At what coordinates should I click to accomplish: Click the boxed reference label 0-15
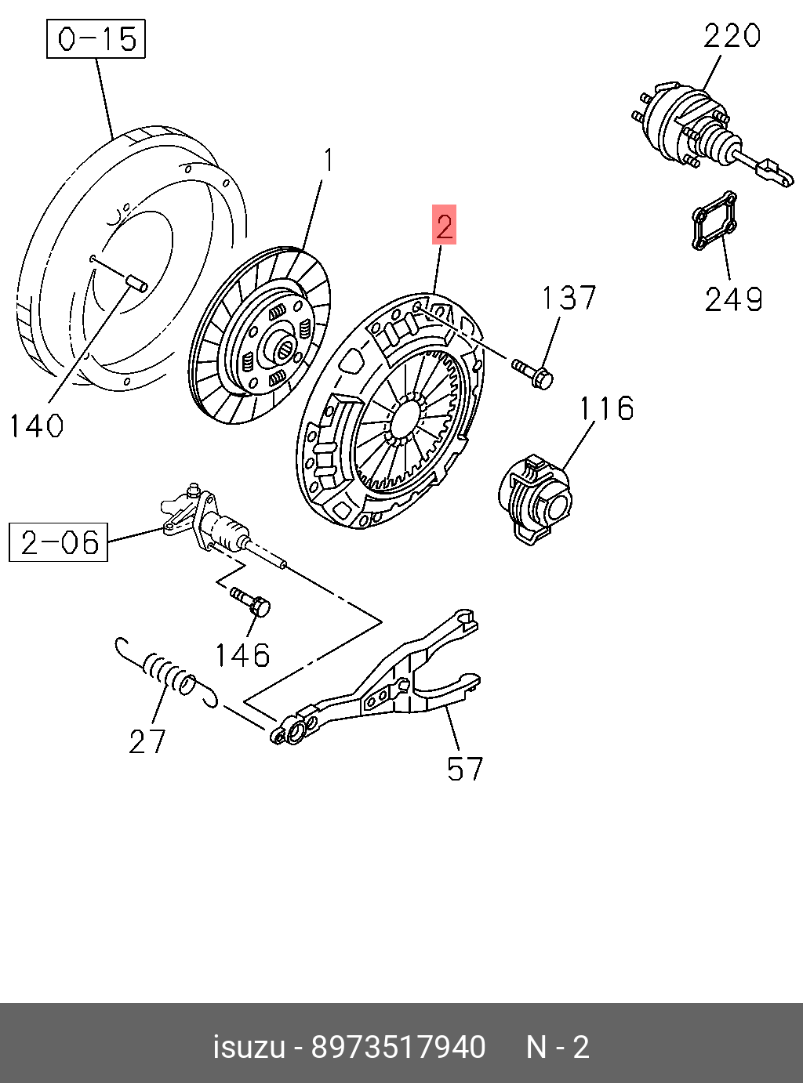[96, 39]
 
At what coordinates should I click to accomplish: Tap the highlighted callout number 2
[444, 226]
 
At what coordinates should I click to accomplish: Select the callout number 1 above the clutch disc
[329, 161]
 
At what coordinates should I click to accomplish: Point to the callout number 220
[732, 36]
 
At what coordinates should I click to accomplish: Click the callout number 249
[733, 299]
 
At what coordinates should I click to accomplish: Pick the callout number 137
[569, 298]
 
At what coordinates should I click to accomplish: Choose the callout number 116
[606, 408]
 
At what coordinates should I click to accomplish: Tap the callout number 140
[36, 426]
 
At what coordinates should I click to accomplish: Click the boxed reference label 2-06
[59, 542]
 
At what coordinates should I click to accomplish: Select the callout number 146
[242, 655]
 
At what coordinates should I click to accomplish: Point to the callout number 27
[147, 741]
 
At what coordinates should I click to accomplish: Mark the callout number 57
[465, 770]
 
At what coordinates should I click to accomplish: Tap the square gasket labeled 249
[714, 221]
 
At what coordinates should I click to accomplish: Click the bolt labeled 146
[251, 602]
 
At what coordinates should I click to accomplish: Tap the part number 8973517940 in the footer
[398, 1048]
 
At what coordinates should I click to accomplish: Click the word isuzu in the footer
[249, 1048]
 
